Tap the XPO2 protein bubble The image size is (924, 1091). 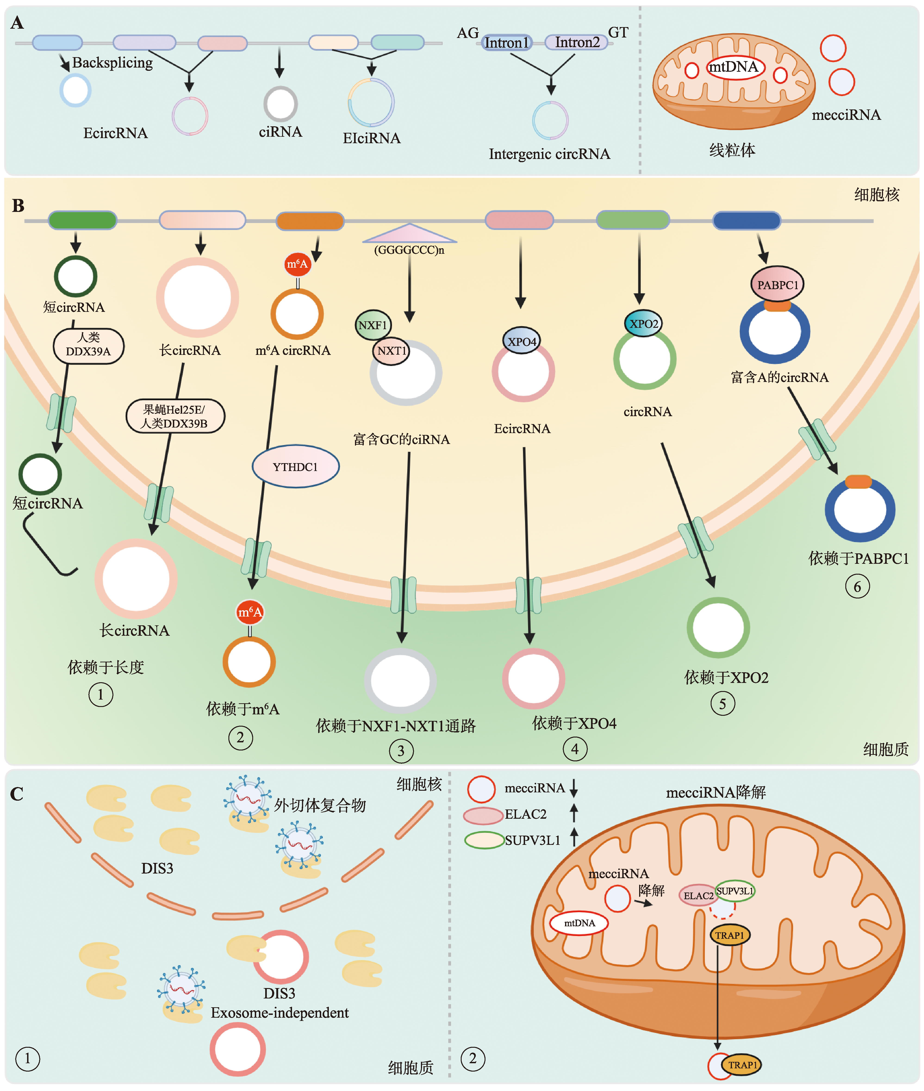coord(643,324)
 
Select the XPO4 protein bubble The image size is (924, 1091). coord(522,341)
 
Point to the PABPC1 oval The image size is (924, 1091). coord(777,284)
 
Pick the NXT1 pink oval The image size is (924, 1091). coord(391,350)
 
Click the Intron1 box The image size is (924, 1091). coord(507,42)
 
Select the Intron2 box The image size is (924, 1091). coord(577,42)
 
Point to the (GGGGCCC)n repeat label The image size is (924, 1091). coord(409,250)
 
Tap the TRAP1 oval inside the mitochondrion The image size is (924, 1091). coord(730,935)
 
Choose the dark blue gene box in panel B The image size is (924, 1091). coord(747,220)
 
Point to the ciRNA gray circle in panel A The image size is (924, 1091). coord(280,104)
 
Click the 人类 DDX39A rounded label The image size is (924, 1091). coord(89,345)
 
